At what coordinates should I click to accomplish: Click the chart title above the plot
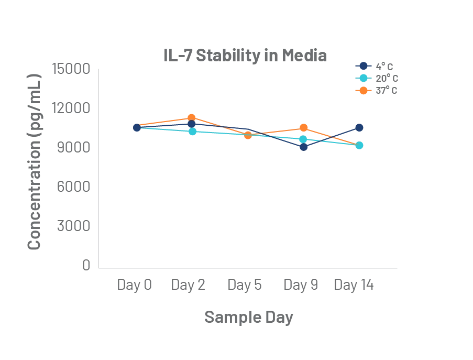[x=245, y=56]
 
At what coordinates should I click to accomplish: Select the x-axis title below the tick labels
[x=246, y=317]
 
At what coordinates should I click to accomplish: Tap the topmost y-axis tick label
[x=71, y=69]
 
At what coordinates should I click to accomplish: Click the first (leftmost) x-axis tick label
[x=136, y=286]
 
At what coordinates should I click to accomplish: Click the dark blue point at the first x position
[x=137, y=128]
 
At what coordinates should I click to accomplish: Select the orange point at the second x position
[x=192, y=117]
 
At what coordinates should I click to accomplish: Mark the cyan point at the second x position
[x=192, y=132]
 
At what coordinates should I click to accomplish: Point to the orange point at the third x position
[x=248, y=136]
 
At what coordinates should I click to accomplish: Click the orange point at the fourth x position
[x=304, y=127]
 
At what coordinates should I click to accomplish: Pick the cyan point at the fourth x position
[x=303, y=139]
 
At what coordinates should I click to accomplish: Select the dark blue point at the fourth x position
[x=304, y=147]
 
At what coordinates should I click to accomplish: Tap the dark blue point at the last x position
[x=359, y=127]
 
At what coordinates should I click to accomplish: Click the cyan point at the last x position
[x=359, y=145]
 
